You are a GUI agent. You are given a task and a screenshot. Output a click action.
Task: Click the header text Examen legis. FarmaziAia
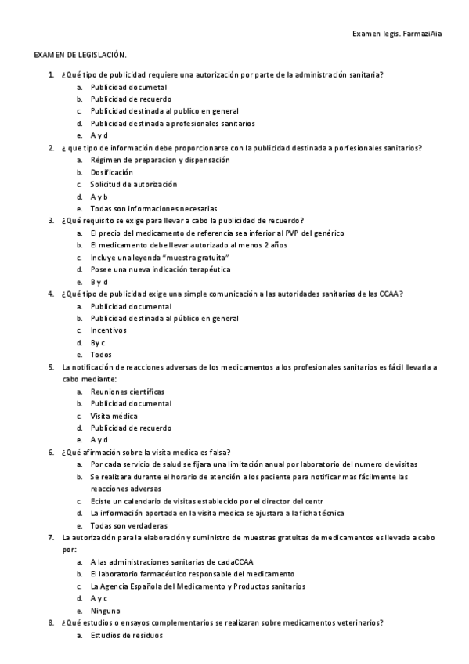(x=397, y=35)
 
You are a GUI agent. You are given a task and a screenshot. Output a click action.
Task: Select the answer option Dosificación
(x=111, y=172)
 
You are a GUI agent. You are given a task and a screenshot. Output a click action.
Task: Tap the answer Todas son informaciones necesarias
(x=153, y=209)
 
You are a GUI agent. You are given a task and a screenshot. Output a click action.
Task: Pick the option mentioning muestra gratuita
(x=160, y=257)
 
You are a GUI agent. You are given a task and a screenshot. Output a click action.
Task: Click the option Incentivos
(x=108, y=330)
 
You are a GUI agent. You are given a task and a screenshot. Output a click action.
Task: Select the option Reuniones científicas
(x=128, y=391)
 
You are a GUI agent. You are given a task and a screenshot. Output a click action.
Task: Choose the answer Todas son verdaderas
(x=129, y=525)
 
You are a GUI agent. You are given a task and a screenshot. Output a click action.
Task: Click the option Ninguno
(x=106, y=610)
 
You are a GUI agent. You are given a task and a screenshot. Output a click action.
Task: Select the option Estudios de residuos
(x=126, y=635)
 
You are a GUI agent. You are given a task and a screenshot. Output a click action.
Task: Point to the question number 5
(x=51, y=366)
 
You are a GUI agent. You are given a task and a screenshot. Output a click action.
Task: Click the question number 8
(x=51, y=622)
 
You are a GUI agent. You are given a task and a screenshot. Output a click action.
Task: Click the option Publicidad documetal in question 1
(x=128, y=87)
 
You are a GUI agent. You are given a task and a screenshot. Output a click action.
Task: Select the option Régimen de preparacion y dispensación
(x=160, y=160)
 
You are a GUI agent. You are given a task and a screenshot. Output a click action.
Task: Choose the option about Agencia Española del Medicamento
(x=197, y=586)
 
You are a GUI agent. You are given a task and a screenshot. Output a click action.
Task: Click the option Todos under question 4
(x=101, y=354)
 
